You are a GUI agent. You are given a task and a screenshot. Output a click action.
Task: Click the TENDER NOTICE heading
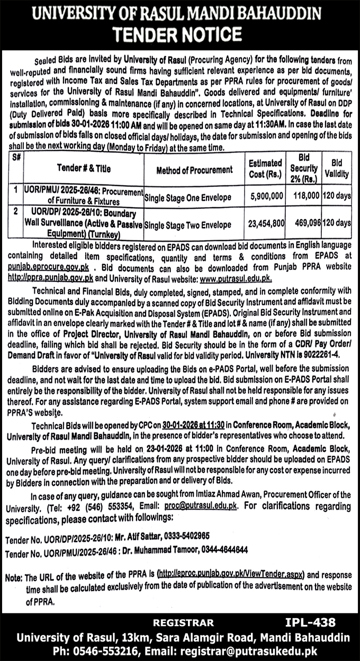pyautogui.click(x=180, y=34)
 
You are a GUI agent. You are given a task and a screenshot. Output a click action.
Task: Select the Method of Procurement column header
pyautogui.click(x=194, y=169)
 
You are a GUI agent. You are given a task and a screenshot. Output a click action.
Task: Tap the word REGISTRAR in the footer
pyautogui.click(x=184, y=623)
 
